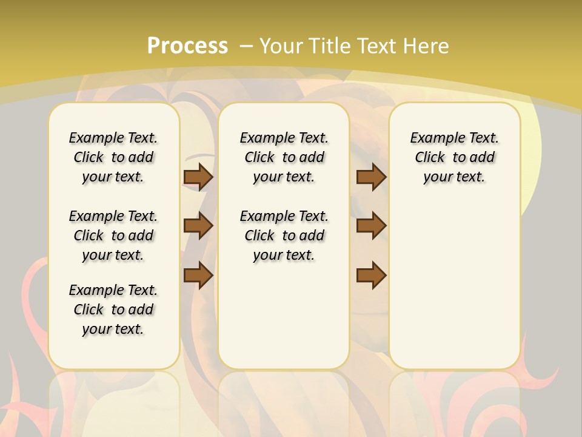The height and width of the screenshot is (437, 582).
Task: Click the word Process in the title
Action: click(x=187, y=46)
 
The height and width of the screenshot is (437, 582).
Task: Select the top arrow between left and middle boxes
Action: click(x=198, y=177)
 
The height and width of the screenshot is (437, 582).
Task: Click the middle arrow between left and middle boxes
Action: click(x=198, y=226)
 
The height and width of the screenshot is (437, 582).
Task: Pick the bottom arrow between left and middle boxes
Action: click(x=198, y=275)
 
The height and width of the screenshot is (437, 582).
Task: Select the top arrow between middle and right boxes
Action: click(x=371, y=177)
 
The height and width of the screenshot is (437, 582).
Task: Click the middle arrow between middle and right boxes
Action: click(x=371, y=226)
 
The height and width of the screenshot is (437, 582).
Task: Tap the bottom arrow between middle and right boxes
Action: click(x=371, y=275)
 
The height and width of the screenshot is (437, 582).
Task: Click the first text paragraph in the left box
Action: click(x=113, y=157)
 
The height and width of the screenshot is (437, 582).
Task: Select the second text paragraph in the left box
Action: click(x=113, y=235)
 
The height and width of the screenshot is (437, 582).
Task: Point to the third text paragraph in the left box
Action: click(x=113, y=310)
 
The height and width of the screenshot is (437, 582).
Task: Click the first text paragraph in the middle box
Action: click(x=284, y=157)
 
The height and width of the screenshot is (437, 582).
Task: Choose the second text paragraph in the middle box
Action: click(x=284, y=235)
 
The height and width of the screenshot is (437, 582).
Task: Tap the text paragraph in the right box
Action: click(x=454, y=157)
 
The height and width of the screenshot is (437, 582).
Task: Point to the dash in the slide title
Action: click(x=246, y=46)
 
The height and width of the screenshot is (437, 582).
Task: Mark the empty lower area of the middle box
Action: click(x=284, y=316)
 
